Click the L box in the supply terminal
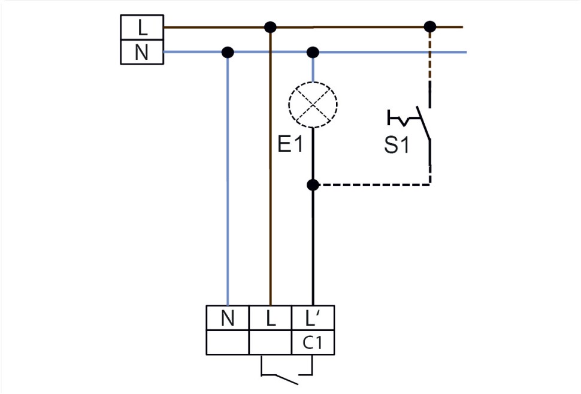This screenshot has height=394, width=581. coord(141,28)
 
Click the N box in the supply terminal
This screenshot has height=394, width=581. coord(141,53)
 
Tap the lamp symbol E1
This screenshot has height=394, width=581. coord(313,105)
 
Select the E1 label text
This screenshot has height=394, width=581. coord(290,144)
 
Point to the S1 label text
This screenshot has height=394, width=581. coord(397,146)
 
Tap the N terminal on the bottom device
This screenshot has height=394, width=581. coord(228,318)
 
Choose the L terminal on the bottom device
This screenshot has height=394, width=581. coord(270,318)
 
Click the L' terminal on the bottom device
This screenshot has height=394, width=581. coord(313,318)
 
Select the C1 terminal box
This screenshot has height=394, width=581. coord(313,344)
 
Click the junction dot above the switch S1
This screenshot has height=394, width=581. coord(429,26)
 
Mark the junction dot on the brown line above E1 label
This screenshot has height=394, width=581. coord(270,27)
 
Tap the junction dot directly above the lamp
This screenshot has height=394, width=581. coord(313,52)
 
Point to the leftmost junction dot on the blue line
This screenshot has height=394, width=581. coord(228,52)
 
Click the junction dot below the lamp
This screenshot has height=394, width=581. coord(313,185)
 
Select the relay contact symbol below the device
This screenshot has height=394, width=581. coord(287,377)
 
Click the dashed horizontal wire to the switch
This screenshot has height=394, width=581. coord(371,185)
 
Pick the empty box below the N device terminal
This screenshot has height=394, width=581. coord(228,344)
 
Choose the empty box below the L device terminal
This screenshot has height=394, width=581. coord(270,344)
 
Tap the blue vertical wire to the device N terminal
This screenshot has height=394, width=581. coord(228,180)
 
